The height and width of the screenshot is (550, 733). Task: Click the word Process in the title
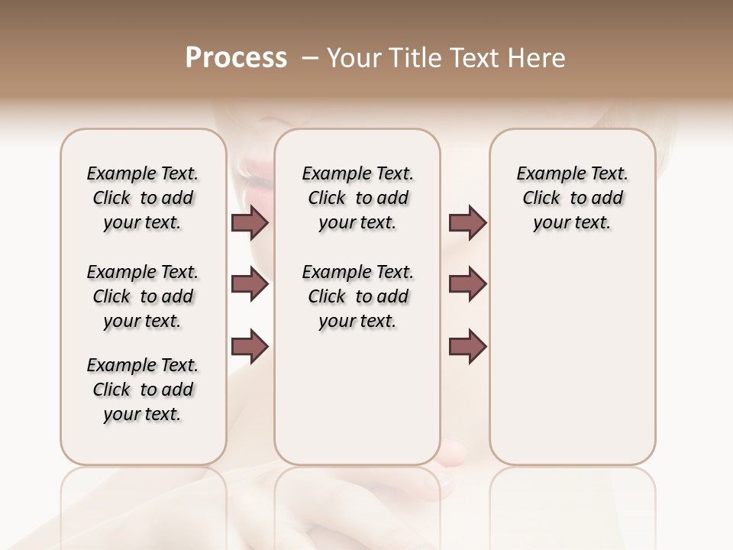236,58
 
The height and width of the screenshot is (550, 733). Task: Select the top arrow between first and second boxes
250,223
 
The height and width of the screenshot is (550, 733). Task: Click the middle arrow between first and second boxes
250,285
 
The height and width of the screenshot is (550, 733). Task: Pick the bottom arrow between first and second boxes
250,346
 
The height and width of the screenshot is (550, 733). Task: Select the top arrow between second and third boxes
467,223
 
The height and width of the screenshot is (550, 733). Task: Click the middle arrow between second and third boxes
467,285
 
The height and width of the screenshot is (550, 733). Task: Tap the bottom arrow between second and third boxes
467,346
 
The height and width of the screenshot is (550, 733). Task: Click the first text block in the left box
143,198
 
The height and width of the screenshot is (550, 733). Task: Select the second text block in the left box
143,296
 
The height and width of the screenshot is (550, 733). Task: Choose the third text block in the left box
143,390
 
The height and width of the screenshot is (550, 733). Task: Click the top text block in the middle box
357,198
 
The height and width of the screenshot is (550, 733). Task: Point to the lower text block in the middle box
357,296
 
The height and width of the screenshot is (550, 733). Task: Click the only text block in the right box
572,198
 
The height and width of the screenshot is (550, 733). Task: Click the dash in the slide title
309,58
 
